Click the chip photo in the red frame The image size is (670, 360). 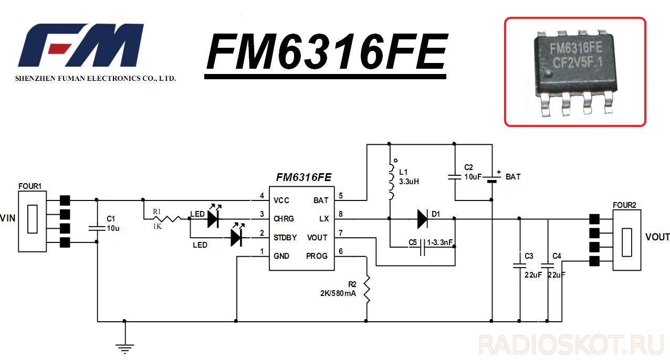(x=575, y=71)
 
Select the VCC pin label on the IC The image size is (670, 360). (x=281, y=200)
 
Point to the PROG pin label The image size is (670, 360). (x=317, y=256)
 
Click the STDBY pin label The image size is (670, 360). (x=285, y=238)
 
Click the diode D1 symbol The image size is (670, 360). (x=423, y=219)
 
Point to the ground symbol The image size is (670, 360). (x=124, y=347)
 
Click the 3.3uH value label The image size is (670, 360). (x=409, y=181)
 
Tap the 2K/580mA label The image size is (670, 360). (x=338, y=293)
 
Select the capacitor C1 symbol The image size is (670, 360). (x=97, y=227)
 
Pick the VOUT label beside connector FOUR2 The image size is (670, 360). (x=657, y=237)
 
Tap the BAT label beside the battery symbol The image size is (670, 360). (x=513, y=177)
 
